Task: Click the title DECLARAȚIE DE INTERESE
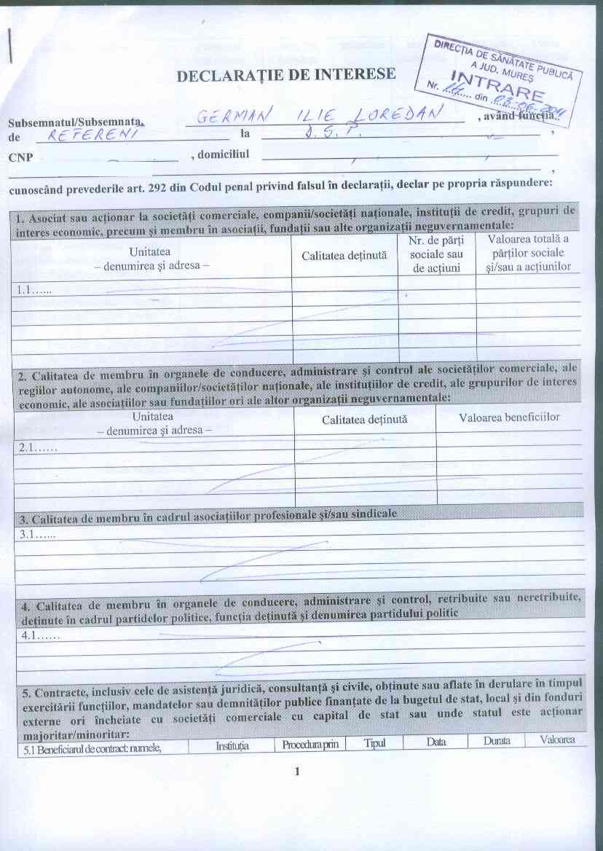285,74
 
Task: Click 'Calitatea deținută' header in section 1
344,256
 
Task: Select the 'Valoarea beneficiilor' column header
509,417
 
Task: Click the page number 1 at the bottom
297,772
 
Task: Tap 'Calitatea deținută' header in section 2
364,420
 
